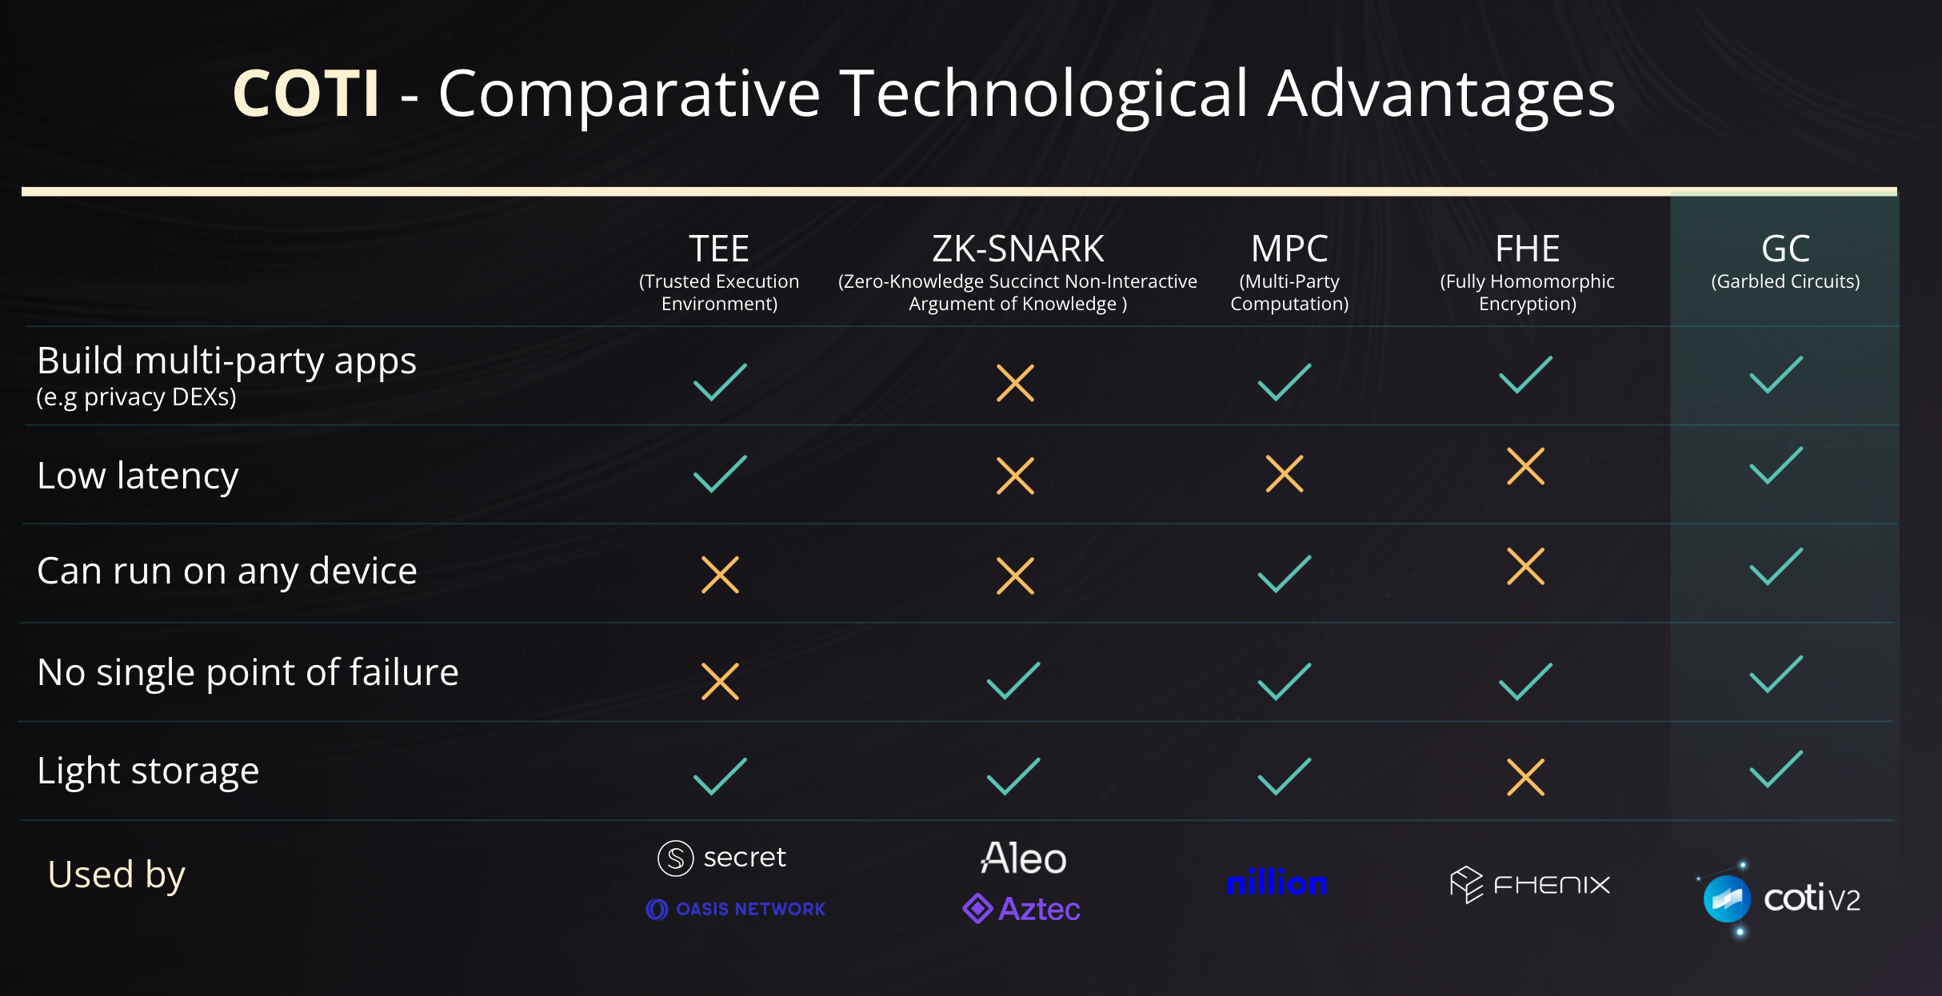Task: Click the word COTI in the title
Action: point(306,94)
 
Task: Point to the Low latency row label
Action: point(138,476)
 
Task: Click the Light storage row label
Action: point(148,771)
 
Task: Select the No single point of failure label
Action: point(248,672)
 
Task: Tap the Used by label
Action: point(117,874)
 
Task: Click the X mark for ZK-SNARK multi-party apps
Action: point(1015,383)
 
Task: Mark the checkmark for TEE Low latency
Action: point(720,474)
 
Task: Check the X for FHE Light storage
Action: point(1525,777)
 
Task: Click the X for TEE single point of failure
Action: point(720,681)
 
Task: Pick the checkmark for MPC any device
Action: point(1284,574)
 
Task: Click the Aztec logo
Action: point(1021,909)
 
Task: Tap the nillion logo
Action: point(1277,882)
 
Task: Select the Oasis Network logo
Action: point(735,909)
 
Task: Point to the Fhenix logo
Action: point(1530,885)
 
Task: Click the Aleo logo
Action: point(1024,859)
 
